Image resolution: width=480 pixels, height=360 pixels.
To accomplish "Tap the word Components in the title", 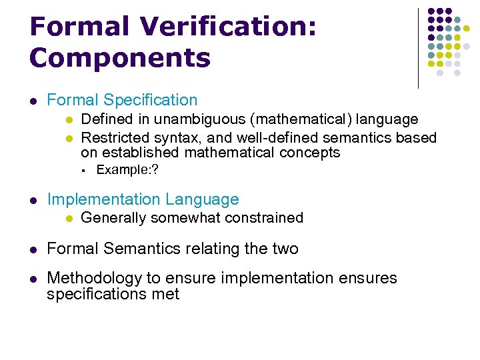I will coord(120,58).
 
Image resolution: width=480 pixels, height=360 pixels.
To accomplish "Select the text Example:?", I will coord(127,170).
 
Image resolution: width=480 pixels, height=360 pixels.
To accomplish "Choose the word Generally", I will coord(114,218).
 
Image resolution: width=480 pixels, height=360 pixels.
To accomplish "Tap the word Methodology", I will coord(95,278).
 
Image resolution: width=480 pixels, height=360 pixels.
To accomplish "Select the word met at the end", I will coord(166,294).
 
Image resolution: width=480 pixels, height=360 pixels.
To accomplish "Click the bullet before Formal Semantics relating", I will coord(33,249).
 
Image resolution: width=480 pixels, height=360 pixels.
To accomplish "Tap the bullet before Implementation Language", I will coord(33,200).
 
